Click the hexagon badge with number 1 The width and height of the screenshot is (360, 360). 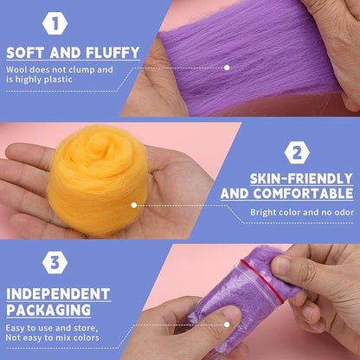coord(55,23)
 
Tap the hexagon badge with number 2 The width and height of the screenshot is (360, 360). coord(297,153)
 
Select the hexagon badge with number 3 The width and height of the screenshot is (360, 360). coord(55,262)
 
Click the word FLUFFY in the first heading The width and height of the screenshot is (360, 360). coord(112,53)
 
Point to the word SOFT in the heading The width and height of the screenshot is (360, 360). coord(26,53)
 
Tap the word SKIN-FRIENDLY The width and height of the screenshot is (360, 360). coord(301,179)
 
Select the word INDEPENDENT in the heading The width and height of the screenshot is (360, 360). coord(58,294)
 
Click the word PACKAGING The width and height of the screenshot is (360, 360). coord(48,310)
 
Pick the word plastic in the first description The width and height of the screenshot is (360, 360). coord(58,80)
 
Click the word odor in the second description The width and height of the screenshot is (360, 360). coord(344,213)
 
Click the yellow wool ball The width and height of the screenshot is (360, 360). coord(98,179)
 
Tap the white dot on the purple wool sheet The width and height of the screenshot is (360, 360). coord(227,67)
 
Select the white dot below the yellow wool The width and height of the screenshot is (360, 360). coord(134,205)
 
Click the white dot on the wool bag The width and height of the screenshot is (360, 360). coord(227,325)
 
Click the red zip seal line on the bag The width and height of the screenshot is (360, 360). coord(263,280)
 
